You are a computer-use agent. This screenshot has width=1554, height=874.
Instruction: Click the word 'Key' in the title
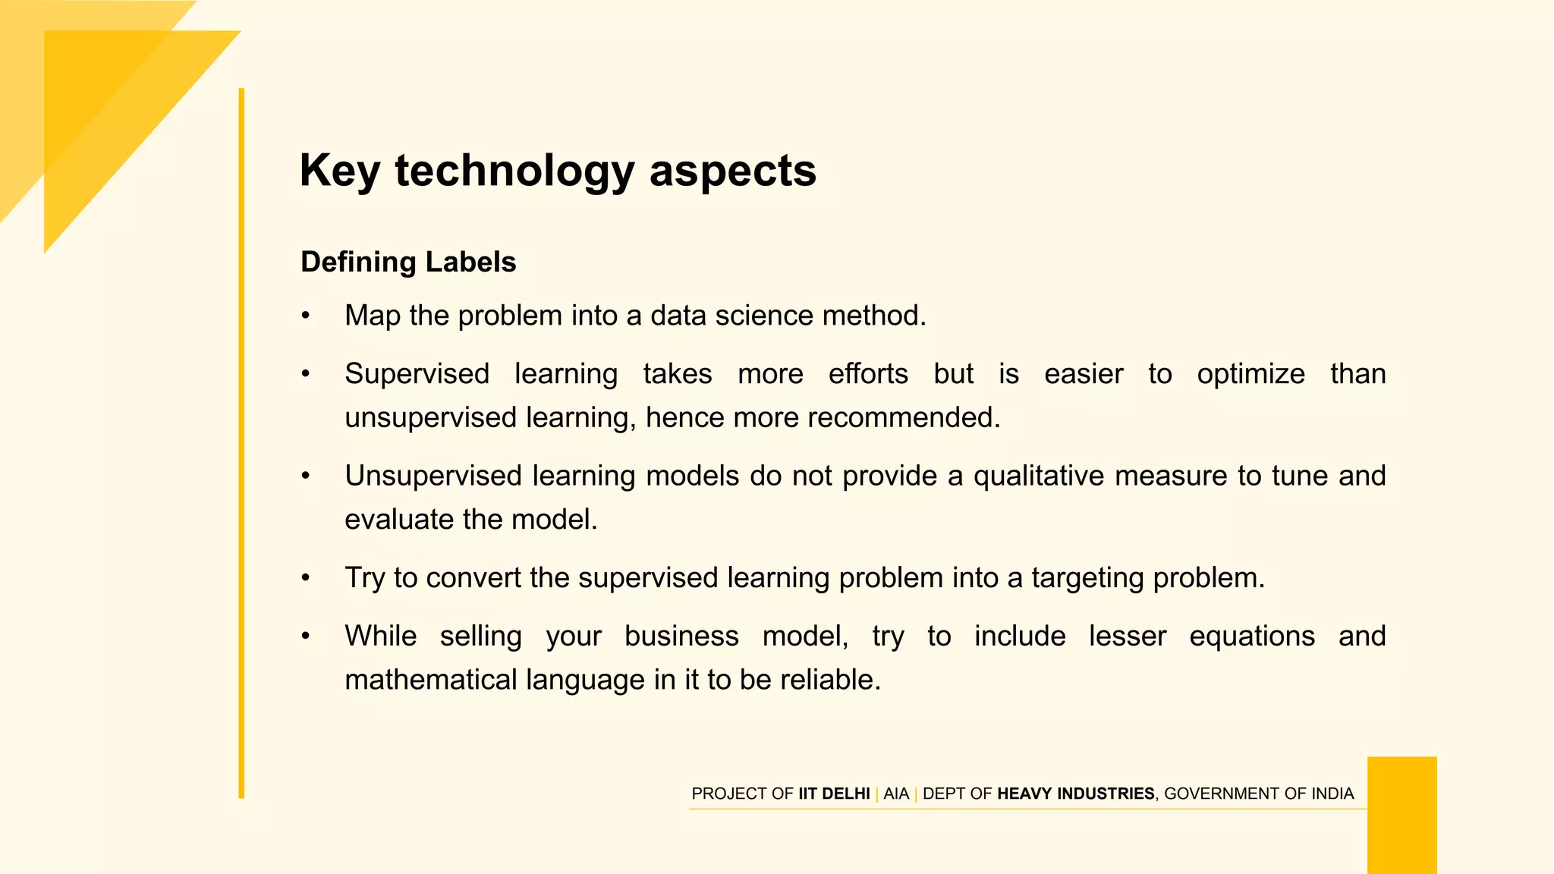pyautogui.click(x=339, y=171)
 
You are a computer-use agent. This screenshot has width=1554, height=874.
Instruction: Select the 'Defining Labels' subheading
pyautogui.click(x=408, y=262)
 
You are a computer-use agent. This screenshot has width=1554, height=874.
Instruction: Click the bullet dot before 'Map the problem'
pyautogui.click(x=305, y=316)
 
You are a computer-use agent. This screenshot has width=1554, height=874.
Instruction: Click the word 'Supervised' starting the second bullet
pyautogui.click(x=417, y=374)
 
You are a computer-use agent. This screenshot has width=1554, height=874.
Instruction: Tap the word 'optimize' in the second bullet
pyautogui.click(x=1250, y=374)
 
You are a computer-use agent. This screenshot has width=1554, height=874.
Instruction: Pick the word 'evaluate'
pyautogui.click(x=399, y=520)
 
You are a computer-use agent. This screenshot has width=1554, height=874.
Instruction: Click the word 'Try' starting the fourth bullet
pyautogui.click(x=364, y=578)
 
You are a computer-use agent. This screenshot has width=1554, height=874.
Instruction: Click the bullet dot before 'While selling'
pyautogui.click(x=305, y=636)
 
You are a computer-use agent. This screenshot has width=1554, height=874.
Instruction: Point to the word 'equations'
pyautogui.click(x=1251, y=636)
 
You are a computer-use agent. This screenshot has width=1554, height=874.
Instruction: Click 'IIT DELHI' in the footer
pyautogui.click(x=834, y=794)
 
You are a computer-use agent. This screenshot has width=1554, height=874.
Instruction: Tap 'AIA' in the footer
pyautogui.click(x=895, y=794)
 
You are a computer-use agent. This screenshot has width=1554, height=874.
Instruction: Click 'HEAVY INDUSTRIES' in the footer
pyautogui.click(x=1075, y=794)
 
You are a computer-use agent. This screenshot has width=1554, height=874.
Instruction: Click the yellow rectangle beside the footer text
pyautogui.click(x=1401, y=815)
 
